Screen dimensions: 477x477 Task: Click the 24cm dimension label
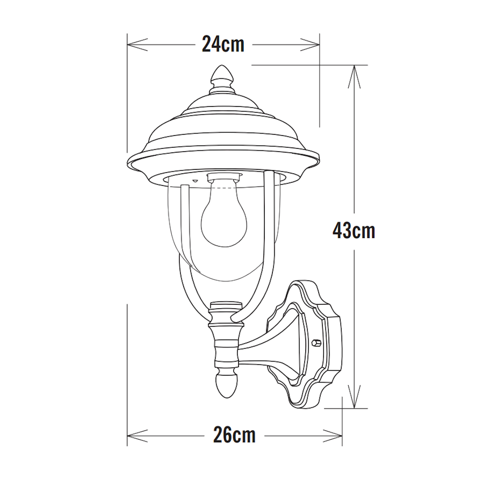coord(223,44)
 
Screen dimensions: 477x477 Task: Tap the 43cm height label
coord(354,231)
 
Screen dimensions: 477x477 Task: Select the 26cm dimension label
coord(234,436)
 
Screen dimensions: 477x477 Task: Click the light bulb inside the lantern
coord(225,213)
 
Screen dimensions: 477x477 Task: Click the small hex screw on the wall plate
coord(316,342)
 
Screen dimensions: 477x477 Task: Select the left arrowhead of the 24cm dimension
coord(137,44)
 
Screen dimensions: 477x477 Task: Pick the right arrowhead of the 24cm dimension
coord(310,44)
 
